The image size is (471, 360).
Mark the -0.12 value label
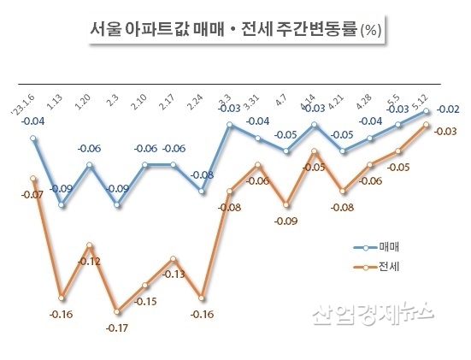[x=88, y=260]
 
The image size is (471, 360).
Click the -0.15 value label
[x=145, y=302]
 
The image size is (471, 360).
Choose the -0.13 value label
[x=174, y=274]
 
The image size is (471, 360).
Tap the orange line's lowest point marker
[x=118, y=310]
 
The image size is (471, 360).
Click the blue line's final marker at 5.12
[x=427, y=112]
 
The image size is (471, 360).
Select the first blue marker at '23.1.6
[x=33, y=137]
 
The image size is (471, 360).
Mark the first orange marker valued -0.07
[x=33, y=179]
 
